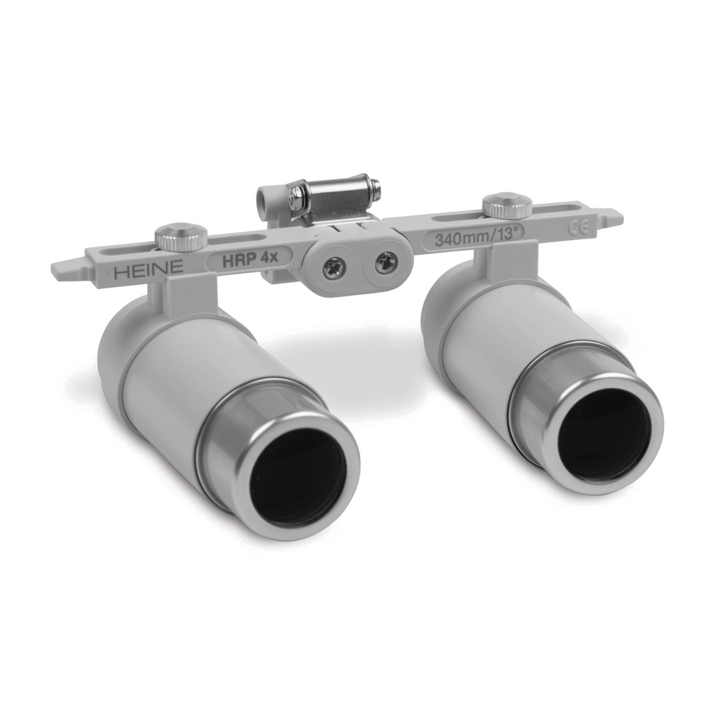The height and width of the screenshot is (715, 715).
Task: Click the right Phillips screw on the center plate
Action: pos(385,263)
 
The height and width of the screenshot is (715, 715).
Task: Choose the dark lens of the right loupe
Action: pos(605,434)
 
